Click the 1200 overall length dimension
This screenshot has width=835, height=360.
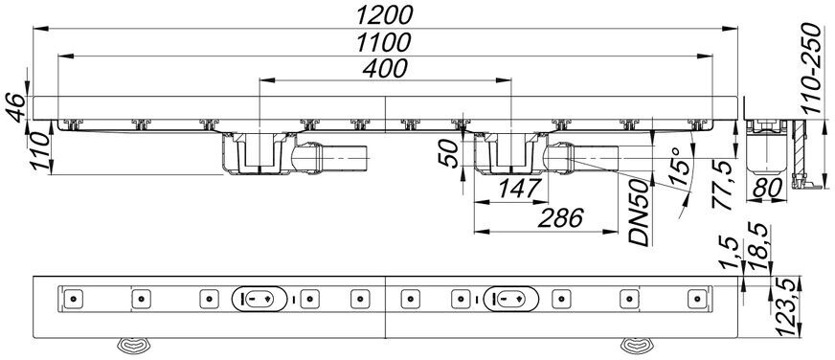[x=384, y=15]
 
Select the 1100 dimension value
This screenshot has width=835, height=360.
[x=384, y=42]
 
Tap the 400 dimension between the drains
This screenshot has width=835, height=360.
[x=385, y=68]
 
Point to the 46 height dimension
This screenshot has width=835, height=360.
[x=16, y=107]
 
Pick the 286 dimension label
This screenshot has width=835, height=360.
[x=561, y=218]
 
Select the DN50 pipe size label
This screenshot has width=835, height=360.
[x=639, y=213]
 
